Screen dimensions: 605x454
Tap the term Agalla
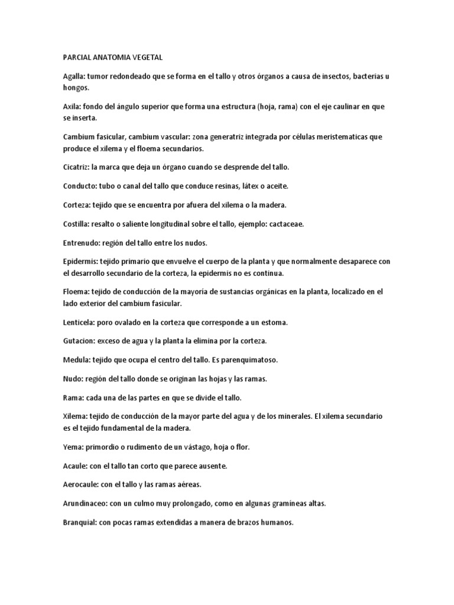tap(74, 77)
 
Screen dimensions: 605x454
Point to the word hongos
tap(75, 87)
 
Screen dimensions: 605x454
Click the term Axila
tap(72, 107)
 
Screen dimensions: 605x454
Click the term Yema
tap(73, 447)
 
